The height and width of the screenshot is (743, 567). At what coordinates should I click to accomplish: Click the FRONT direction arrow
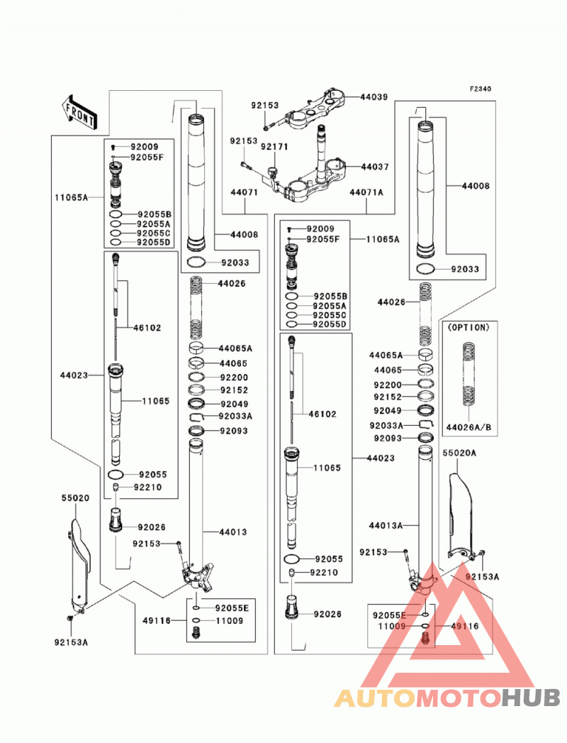tap(79, 112)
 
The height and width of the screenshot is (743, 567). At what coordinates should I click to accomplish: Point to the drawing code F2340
tap(481, 89)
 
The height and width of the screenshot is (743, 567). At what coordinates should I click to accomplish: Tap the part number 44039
tap(374, 97)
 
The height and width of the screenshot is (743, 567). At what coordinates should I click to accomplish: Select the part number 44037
tap(375, 167)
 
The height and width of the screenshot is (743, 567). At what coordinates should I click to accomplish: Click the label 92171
tap(274, 147)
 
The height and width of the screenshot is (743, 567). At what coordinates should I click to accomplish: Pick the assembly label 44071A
tap(366, 192)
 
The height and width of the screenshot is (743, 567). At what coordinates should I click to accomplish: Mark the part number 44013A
tap(386, 526)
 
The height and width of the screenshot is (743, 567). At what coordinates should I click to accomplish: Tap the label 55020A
tap(459, 453)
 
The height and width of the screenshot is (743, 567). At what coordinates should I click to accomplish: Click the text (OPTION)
tap(468, 327)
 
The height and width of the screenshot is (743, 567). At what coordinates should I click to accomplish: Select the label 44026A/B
tap(469, 427)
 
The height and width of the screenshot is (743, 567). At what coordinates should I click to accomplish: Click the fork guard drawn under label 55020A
tap(461, 514)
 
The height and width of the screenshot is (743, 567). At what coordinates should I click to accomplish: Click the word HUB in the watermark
tap(531, 698)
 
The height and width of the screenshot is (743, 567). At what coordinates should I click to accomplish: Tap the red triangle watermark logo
tap(447, 625)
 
